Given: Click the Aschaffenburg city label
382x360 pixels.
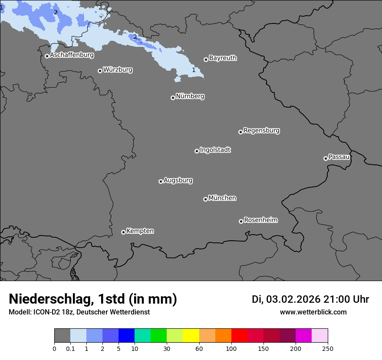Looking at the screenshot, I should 72,55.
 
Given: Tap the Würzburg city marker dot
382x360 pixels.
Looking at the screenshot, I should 100,71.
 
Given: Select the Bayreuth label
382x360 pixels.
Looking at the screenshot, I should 223,58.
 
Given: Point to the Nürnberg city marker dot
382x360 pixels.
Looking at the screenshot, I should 173,98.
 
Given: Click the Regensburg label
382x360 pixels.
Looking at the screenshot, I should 261,131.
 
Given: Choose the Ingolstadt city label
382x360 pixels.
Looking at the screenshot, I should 215,150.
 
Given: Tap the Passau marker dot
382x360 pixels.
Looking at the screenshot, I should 326,158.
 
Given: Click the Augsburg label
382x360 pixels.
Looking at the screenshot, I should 178,180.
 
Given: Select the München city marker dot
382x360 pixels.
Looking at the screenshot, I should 205,199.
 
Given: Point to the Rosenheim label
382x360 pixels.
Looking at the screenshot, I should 260,220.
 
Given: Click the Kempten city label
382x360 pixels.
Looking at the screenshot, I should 140,231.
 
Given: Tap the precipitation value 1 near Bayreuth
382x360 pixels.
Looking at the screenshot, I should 194,70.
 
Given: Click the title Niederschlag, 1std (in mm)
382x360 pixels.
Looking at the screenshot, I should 93,299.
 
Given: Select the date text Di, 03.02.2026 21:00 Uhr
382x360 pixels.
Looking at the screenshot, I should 310,299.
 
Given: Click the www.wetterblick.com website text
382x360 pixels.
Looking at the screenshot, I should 313,312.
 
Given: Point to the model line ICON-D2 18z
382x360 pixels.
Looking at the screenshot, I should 79,312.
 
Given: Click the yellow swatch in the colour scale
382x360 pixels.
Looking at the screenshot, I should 191,336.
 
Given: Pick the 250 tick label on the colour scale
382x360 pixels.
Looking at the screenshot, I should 328,348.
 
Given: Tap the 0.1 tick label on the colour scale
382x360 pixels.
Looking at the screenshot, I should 70,348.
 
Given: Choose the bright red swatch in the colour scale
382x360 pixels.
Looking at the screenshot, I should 239,336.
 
